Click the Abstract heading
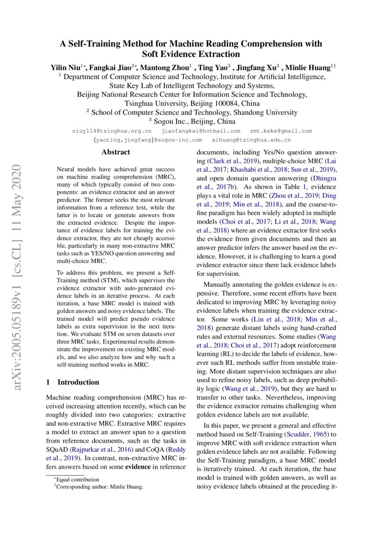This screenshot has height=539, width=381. click(x=116, y=152)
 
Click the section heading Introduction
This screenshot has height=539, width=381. click(x=77, y=382)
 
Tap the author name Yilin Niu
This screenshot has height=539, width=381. click(x=65, y=67)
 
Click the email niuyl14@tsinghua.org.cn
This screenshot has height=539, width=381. click(x=112, y=131)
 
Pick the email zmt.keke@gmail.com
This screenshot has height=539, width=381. click(x=281, y=131)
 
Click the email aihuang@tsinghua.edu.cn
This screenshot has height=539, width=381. click(x=251, y=139)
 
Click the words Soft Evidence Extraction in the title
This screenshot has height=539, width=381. click(x=191, y=53)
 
